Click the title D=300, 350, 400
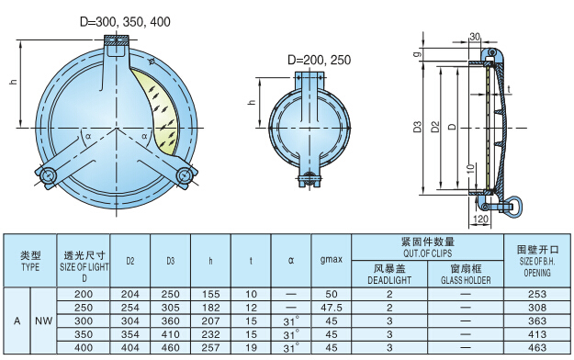coord(125,22)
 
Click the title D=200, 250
coord(320,60)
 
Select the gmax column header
coord(332,260)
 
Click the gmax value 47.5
coord(332,308)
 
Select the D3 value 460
coord(170,347)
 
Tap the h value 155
coord(210,294)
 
